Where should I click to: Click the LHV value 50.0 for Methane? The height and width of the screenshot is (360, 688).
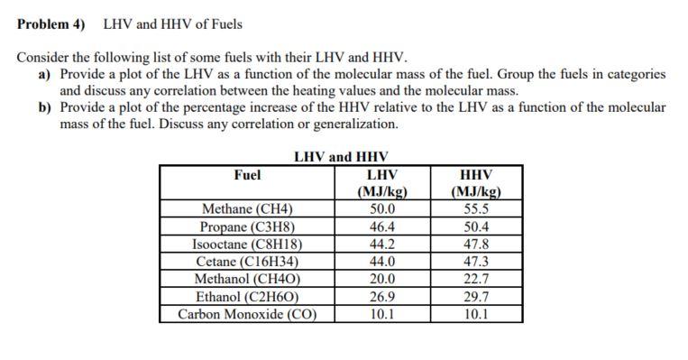382,209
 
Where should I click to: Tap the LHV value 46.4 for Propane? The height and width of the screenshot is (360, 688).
382,226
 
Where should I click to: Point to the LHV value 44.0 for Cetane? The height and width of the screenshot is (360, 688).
382,262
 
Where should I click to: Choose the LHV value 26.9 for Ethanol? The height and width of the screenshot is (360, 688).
382,296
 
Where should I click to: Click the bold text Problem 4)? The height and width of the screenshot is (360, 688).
55,23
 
